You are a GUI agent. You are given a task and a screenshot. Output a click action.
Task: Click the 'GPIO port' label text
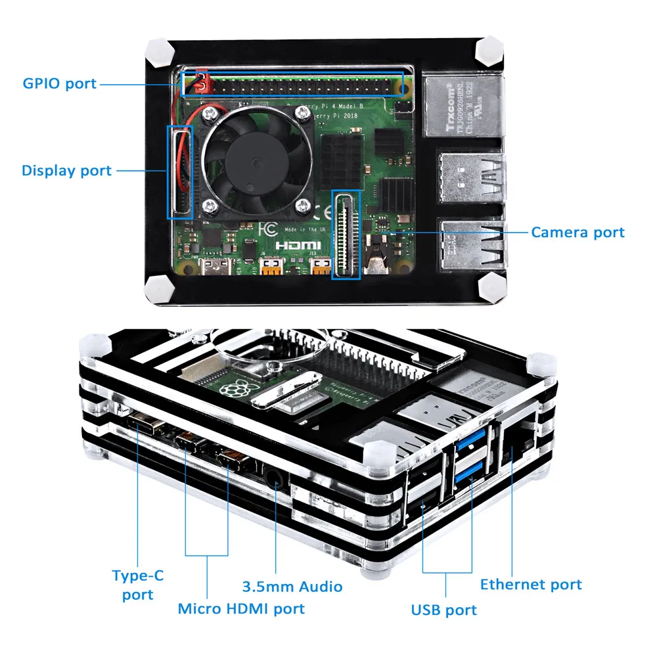coord(60,83)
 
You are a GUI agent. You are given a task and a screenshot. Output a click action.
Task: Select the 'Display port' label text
coord(66,171)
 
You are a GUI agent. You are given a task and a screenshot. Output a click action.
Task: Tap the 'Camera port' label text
coord(578,232)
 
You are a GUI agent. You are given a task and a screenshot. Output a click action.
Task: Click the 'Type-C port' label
coord(138,585)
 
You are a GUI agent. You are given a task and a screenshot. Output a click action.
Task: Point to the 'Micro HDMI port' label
coord(241,608)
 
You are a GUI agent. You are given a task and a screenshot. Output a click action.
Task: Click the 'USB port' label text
coord(444,610)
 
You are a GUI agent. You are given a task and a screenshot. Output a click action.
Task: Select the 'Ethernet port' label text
coord(531,584)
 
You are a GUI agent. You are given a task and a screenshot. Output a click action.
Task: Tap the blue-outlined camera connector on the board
coord(346,235)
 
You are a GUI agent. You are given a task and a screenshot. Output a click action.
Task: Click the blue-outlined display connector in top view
coord(180,171)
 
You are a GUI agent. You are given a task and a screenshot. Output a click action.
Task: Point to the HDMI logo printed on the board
coord(298,245)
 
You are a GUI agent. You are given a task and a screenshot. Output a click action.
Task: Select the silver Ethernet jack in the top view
coord(464,105)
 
